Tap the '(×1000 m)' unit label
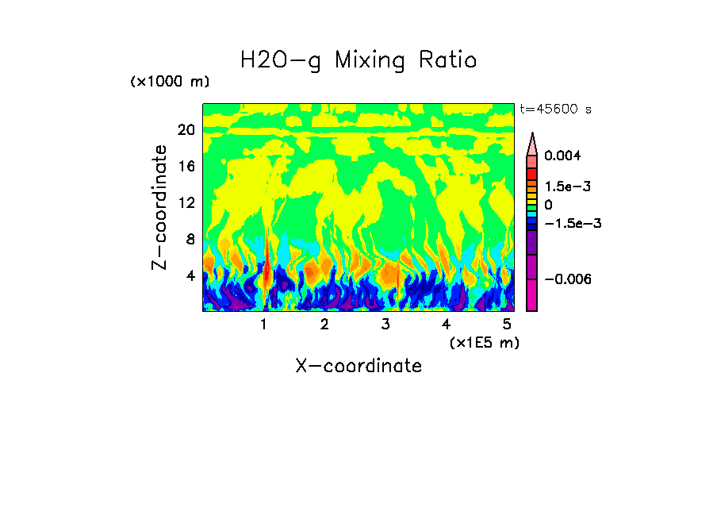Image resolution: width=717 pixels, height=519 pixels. pos(170,83)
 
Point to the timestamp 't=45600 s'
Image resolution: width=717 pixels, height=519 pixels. pos(555,109)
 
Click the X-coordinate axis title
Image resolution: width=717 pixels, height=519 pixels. pos(358,366)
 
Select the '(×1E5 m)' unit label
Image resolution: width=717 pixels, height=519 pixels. pos(484,343)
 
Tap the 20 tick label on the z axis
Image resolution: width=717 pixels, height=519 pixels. pos(186,130)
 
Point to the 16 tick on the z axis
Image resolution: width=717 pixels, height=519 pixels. pos(186,167)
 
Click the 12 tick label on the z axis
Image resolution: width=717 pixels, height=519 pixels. pos(186,202)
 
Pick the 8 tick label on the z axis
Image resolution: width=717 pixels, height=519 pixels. pos(190,239)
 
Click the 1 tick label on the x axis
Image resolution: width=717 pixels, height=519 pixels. pos(263,325)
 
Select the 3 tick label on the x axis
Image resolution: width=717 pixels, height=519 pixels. pos(385,325)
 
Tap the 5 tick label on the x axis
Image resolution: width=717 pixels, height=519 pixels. pos(507,325)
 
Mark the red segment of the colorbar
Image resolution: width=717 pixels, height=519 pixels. pos(531,174)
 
